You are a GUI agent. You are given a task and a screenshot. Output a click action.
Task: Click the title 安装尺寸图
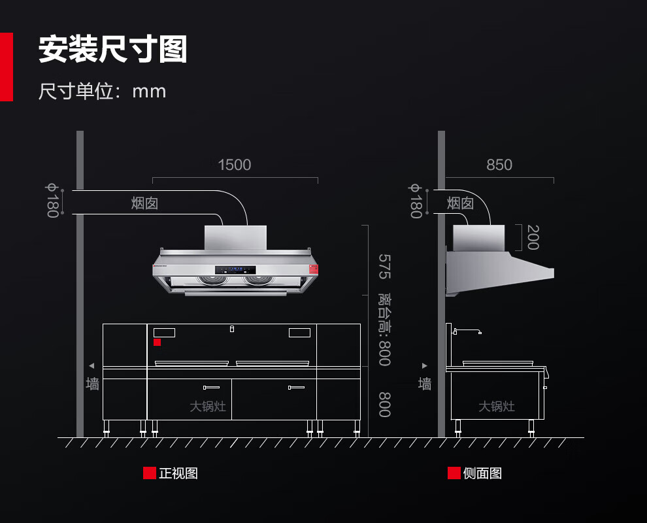tap(112, 50)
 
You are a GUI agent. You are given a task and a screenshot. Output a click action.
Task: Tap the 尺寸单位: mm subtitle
tap(102, 91)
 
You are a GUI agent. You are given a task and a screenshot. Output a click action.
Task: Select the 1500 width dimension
tap(235, 165)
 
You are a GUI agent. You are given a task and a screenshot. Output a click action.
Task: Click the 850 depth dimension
tap(499, 165)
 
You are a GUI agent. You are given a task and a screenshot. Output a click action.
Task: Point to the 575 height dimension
tap(384, 266)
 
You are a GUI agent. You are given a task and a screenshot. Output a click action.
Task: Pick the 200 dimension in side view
tap(533, 237)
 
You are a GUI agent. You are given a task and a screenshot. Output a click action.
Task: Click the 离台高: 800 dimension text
tap(384, 329)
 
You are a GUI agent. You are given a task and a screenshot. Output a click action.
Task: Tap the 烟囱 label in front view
tap(144, 203)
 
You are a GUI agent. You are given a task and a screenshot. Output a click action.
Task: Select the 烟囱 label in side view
tap(460, 203)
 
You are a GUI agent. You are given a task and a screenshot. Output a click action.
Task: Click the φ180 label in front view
tap(52, 200)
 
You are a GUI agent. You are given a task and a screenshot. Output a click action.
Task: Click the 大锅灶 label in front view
tap(208, 407)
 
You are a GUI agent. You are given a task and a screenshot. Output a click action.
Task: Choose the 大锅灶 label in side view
tap(497, 407)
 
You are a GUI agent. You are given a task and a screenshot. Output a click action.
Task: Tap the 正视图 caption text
tap(178, 473)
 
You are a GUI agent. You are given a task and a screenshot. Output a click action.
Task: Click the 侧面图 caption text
tap(482, 473)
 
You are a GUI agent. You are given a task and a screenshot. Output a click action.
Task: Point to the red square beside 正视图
tap(150, 473)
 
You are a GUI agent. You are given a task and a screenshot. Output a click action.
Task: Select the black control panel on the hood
tap(235, 269)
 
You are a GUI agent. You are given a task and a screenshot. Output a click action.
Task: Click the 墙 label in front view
tap(93, 384)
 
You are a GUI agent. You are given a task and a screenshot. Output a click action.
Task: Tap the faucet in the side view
tap(469, 331)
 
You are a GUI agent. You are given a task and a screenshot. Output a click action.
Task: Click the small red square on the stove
tap(157, 342)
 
